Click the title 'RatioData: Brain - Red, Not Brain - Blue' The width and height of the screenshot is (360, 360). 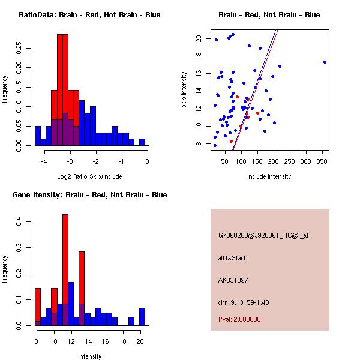(x=89, y=15)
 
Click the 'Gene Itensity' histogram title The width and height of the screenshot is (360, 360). (x=89, y=195)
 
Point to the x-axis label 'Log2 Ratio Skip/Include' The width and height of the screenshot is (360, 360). (x=89, y=176)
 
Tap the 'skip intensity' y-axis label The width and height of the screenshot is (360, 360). (x=184, y=90)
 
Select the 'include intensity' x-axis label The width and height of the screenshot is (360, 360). (x=269, y=176)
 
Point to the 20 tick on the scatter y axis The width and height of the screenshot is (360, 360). (x=198, y=38)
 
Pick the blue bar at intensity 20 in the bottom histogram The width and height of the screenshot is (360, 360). (x=142, y=316)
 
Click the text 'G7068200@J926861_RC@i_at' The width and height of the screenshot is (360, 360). (x=263, y=236)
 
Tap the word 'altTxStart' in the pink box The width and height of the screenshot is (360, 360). (x=232, y=259)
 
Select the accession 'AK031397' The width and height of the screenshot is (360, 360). (x=233, y=280)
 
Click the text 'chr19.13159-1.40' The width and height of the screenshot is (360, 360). (x=244, y=302)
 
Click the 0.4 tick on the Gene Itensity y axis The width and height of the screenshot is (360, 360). (x=19, y=223)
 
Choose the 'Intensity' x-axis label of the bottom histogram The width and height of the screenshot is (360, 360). (x=89, y=356)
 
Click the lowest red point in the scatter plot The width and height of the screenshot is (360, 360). (x=231, y=142)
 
